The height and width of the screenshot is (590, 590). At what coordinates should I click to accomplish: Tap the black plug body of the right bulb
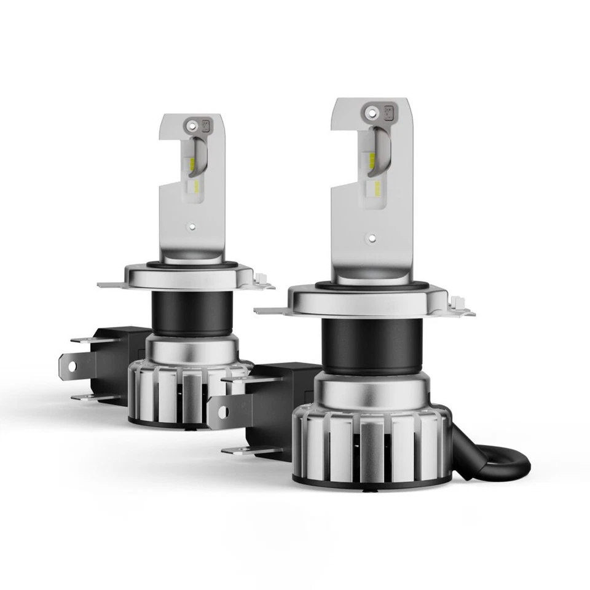pyautogui.click(x=277, y=406)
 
